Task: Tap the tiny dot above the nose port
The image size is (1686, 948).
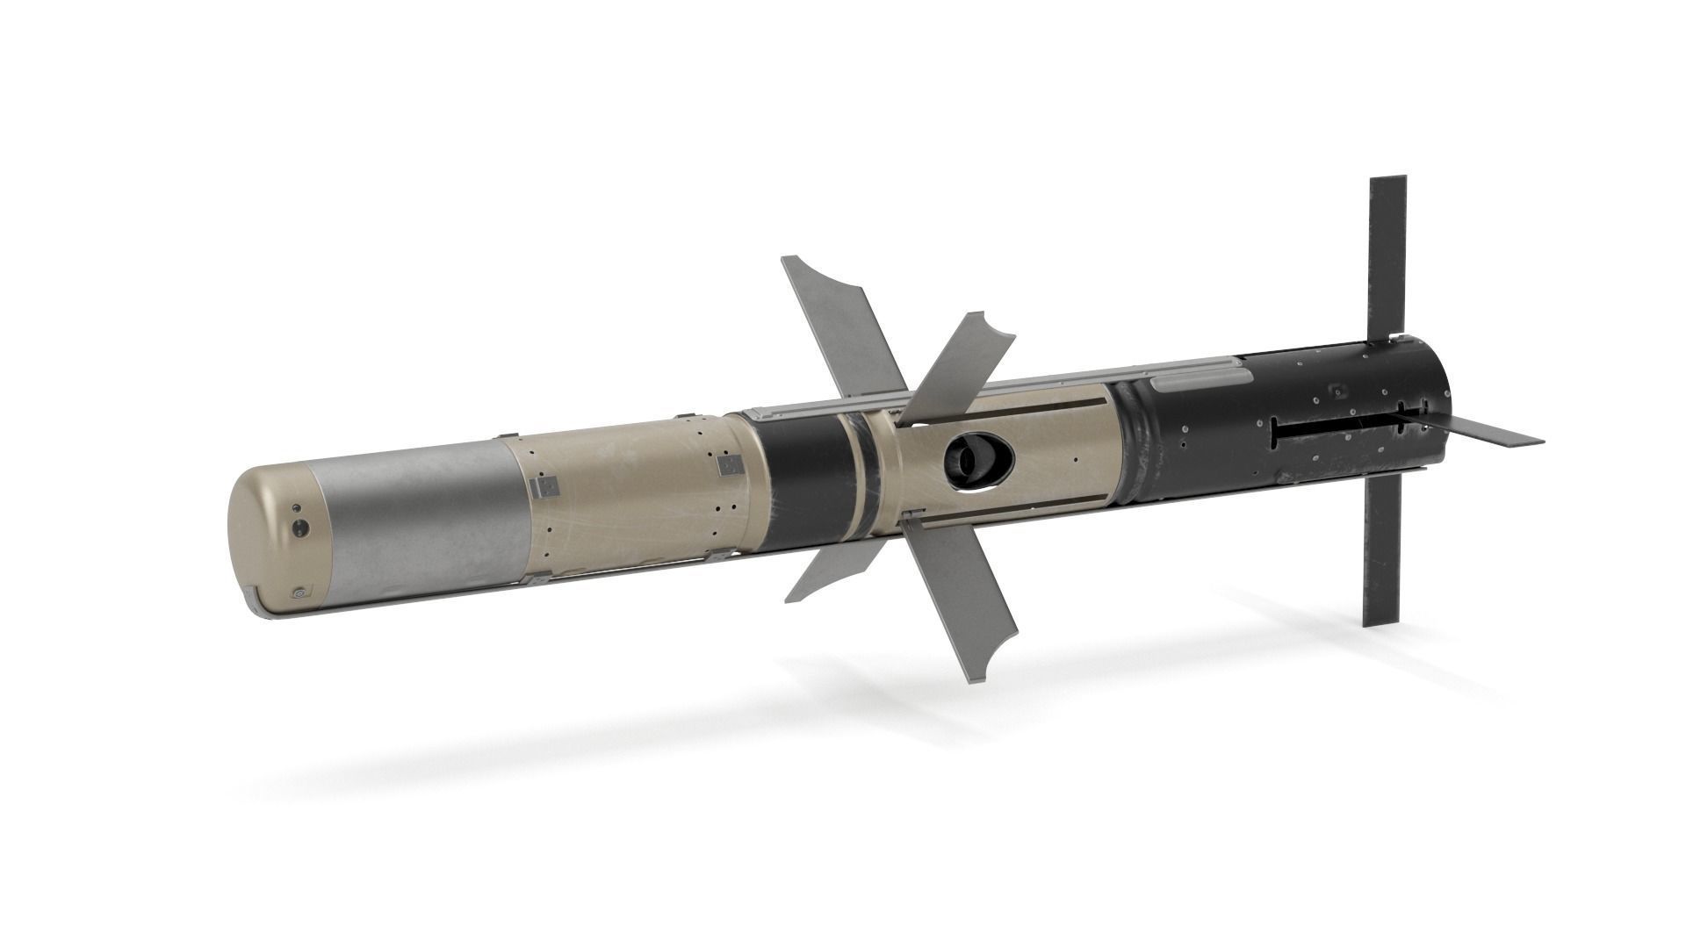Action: point(296,508)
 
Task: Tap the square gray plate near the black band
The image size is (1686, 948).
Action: point(727,464)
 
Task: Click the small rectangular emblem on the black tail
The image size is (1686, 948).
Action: point(1338,388)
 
